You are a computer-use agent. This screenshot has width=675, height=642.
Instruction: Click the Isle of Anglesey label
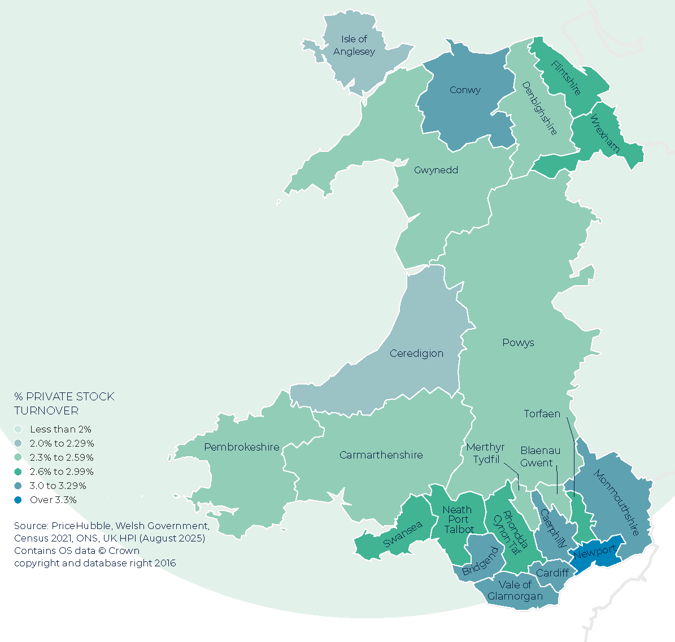354,45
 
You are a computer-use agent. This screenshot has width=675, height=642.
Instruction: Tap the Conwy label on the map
465,90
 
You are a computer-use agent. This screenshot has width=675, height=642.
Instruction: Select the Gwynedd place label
436,170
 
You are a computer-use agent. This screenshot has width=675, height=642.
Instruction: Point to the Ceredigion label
416,353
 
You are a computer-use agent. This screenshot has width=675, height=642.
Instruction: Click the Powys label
518,343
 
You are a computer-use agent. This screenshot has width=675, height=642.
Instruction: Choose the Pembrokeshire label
242,447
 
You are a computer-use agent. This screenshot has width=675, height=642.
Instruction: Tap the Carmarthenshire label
381,455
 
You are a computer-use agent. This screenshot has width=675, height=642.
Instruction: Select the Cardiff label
552,573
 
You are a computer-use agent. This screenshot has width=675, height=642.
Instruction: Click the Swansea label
403,534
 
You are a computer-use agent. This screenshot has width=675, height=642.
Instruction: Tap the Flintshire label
565,78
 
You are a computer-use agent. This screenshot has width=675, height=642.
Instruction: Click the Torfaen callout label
542,414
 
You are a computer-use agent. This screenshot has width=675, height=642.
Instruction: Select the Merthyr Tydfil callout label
485,453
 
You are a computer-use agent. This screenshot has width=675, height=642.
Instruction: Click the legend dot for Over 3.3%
18,500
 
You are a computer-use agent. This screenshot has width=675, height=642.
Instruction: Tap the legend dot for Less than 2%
18,429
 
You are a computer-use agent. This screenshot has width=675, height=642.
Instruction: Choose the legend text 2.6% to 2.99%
62,471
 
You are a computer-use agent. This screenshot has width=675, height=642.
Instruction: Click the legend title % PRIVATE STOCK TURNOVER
64,403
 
